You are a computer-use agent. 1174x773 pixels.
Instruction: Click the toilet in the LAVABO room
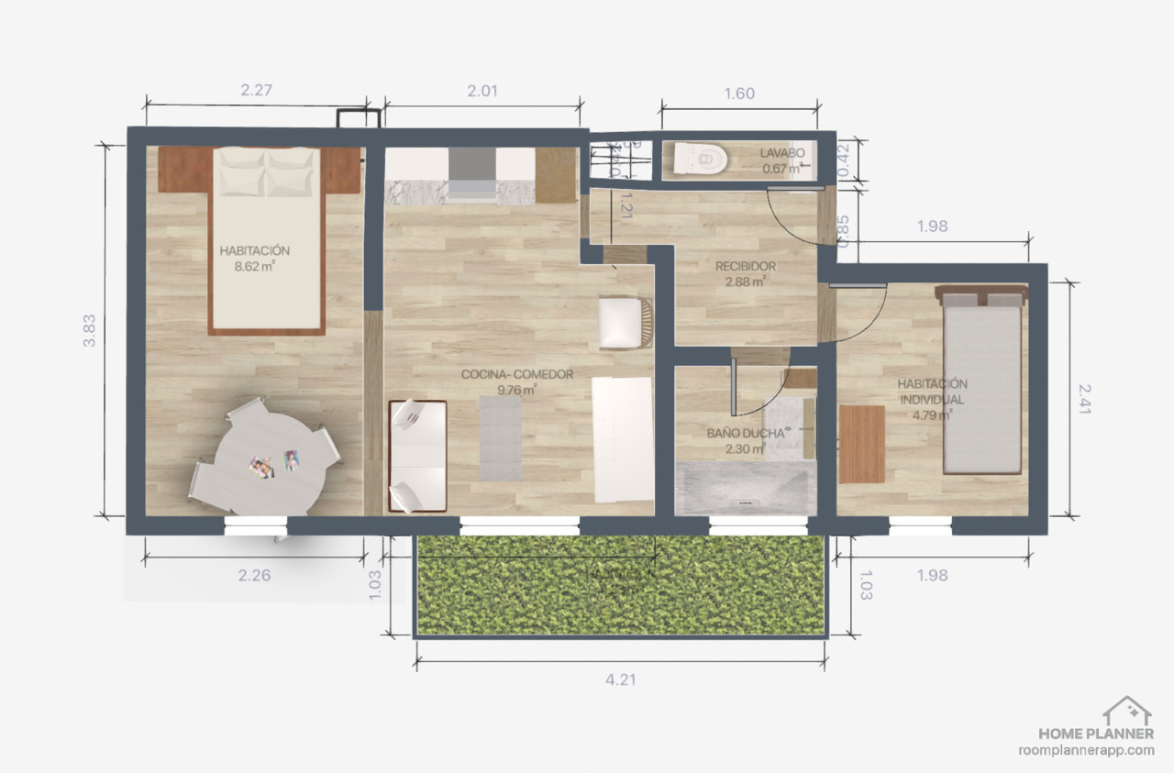[x=700, y=160]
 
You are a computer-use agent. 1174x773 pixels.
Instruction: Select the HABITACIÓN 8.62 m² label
[x=255, y=259]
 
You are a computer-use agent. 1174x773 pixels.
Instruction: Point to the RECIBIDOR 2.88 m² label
[x=746, y=273]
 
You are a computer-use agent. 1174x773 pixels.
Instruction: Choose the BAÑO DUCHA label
[x=746, y=440]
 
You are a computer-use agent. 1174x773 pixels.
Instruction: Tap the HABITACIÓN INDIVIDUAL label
[x=931, y=399]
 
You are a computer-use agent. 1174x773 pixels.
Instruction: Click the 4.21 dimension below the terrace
[x=621, y=679]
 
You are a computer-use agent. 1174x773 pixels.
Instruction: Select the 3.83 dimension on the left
[x=89, y=330]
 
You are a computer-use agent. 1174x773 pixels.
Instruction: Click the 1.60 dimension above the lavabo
[x=739, y=94]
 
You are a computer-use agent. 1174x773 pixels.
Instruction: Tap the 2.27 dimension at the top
[x=257, y=90]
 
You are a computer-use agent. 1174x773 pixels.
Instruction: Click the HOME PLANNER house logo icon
[x=1126, y=710]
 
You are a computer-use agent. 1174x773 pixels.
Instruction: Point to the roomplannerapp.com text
[x=1086, y=749]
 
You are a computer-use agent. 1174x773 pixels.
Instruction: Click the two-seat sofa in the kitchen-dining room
[x=417, y=455]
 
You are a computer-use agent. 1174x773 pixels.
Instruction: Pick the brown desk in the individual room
[x=861, y=444]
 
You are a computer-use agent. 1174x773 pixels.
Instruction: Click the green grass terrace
[x=621, y=586]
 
